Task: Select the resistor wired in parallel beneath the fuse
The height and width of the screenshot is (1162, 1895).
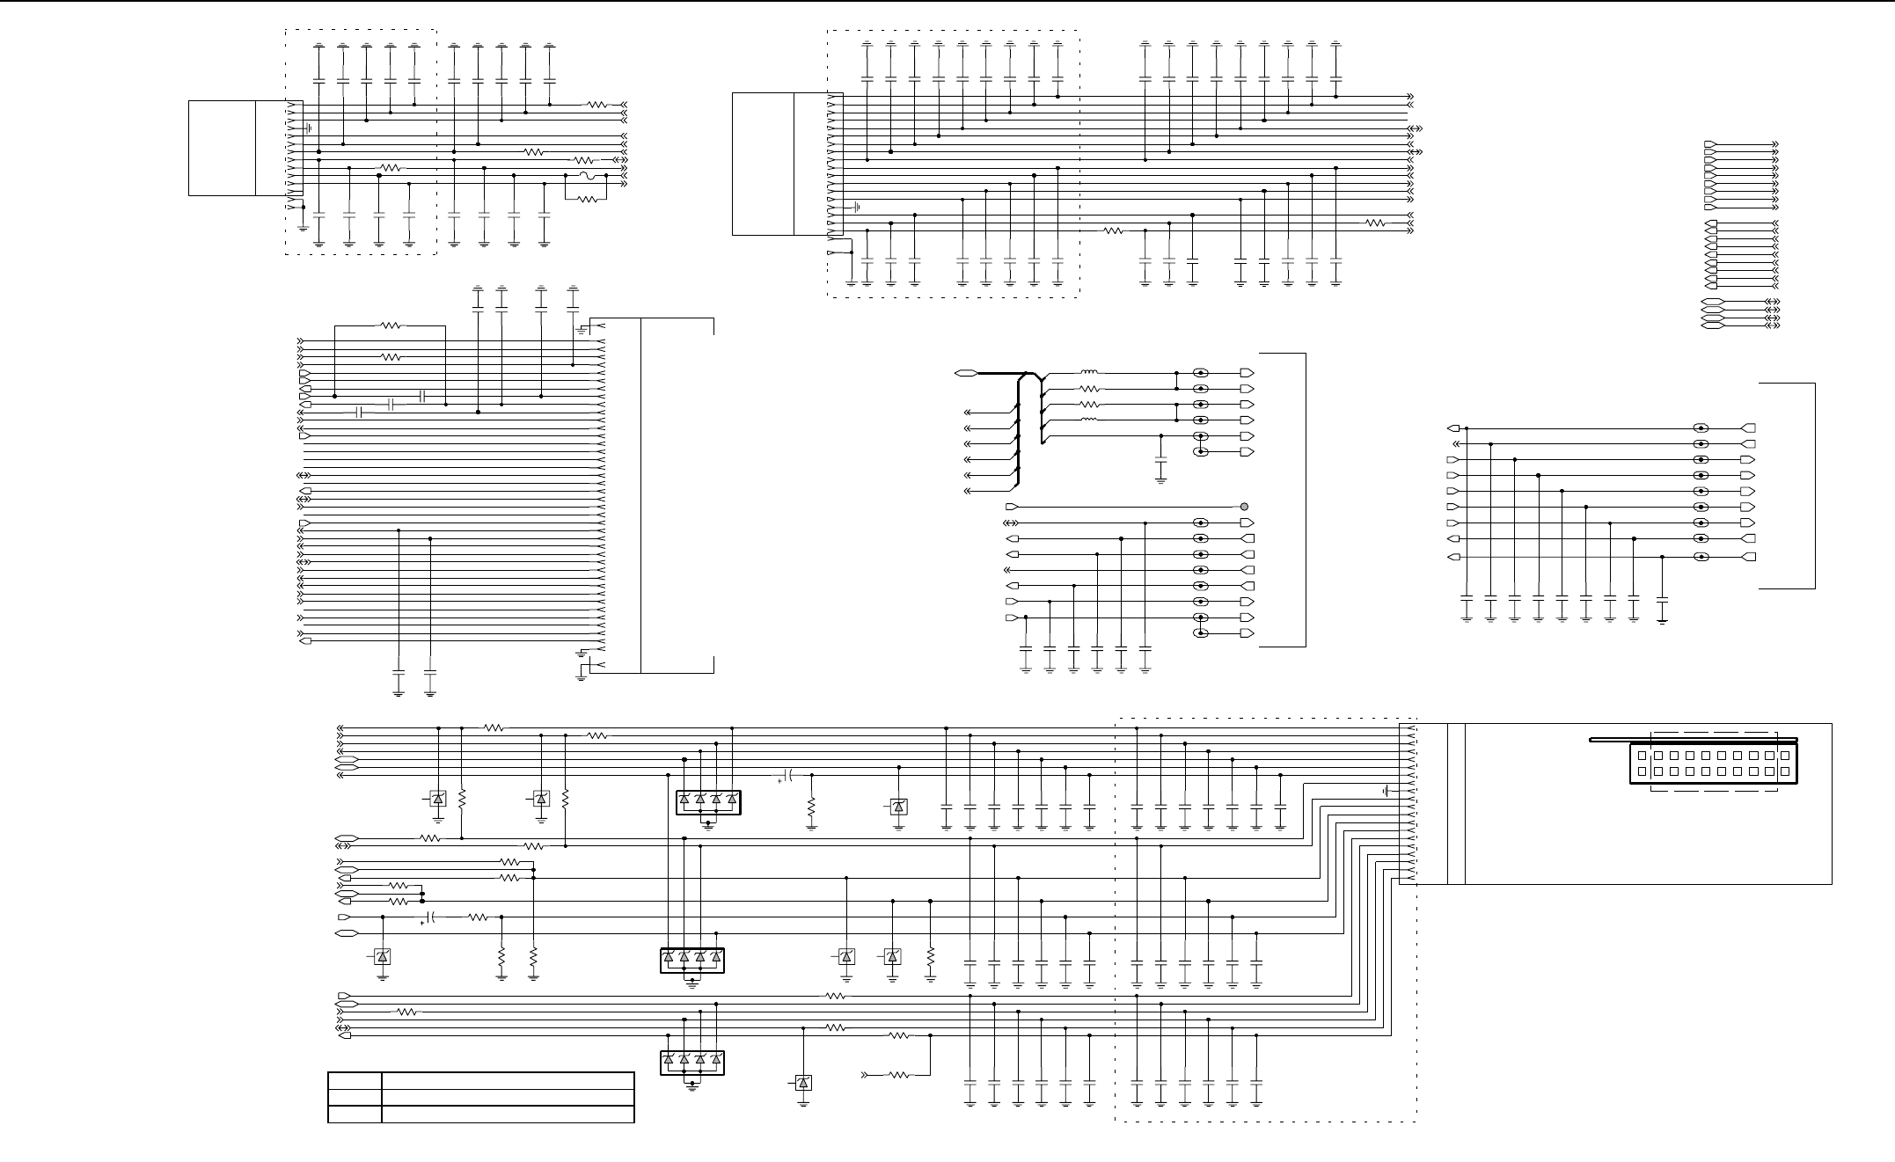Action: [x=589, y=199]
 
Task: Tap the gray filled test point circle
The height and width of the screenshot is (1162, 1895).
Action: [x=1244, y=507]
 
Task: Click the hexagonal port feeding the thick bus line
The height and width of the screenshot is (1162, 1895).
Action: [x=966, y=373]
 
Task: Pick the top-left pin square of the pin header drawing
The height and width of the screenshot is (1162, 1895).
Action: [x=1642, y=756]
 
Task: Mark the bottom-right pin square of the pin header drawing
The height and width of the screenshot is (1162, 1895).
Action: [x=1784, y=772]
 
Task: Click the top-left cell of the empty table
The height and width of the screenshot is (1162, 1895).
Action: [x=355, y=1081]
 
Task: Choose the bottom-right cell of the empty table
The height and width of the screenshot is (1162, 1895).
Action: [x=508, y=1114]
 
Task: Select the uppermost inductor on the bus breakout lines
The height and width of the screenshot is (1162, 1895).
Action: [x=1089, y=373]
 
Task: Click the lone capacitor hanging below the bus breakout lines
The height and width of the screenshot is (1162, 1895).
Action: [x=1160, y=460]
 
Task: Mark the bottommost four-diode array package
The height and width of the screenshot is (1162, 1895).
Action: [x=692, y=1063]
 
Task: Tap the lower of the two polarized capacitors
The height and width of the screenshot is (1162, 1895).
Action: [x=430, y=917]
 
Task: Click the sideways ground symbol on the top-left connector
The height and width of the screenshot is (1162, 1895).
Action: [x=309, y=128]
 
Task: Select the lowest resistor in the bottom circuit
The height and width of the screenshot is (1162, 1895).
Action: [x=898, y=1074]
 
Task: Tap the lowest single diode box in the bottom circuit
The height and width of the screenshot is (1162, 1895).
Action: [x=802, y=1083]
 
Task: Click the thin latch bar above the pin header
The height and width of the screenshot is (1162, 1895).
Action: [x=1693, y=740]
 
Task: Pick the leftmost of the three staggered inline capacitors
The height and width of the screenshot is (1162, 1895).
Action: [x=359, y=413]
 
